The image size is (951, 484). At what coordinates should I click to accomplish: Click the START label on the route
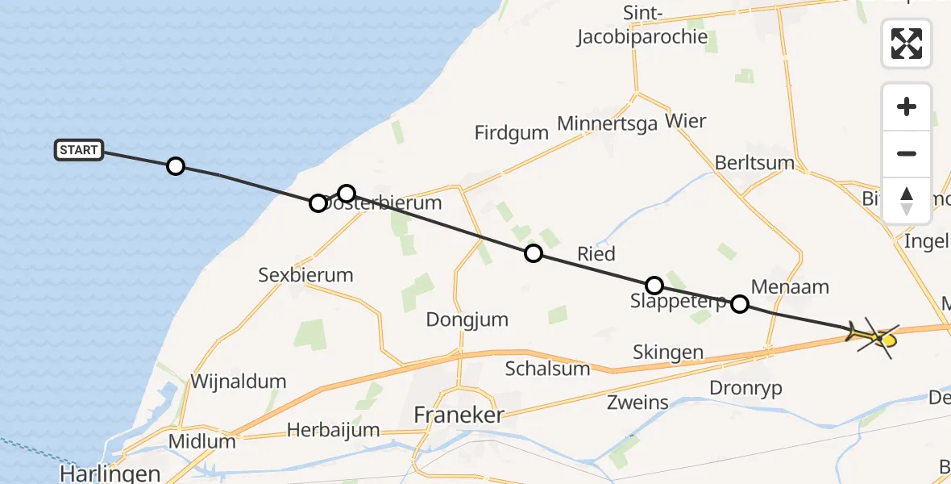(x=79, y=150)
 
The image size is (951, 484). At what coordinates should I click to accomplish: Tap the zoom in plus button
(x=907, y=106)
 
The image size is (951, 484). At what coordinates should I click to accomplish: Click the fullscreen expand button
(x=907, y=44)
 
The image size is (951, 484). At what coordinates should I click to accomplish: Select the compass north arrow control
(x=907, y=200)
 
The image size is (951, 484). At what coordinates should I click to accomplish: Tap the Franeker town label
(x=459, y=415)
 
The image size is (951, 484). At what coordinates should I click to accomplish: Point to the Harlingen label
(x=110, y=474)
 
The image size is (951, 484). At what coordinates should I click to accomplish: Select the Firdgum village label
(x=512, y=133)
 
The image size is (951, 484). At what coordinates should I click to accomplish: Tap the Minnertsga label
(x=607, y=125)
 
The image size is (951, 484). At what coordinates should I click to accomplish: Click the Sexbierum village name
(x=305, y=274)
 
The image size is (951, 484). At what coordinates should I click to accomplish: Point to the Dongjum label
(x=467, y=319)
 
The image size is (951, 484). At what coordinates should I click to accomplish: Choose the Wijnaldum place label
(x=238, y=381)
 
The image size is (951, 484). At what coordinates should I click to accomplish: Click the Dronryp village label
(x=745, y=387)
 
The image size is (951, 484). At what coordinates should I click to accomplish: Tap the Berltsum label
(x=754, y=163)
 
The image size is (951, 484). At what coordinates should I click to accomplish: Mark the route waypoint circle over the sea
(x=176, y=167)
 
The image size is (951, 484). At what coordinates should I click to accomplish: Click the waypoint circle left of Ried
(x=534, y=254)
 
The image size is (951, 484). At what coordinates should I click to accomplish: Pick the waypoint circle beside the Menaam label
(x=739, y=304)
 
